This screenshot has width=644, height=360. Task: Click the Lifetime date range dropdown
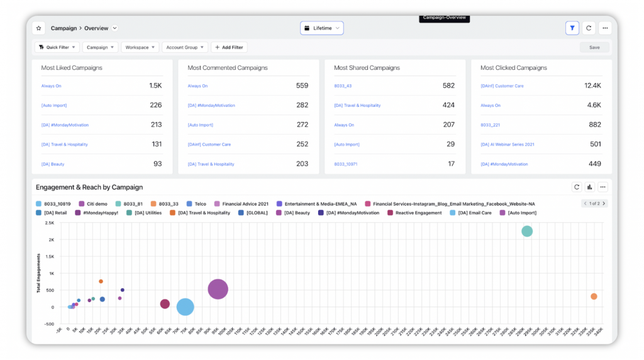point(321,28)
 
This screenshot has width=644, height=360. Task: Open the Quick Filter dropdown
point(57,47)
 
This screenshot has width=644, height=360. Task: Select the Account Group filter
point(184,47)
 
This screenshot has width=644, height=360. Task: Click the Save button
point(594,47)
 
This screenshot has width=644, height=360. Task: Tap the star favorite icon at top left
point(38,28)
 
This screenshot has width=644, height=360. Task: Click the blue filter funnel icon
point(572,28)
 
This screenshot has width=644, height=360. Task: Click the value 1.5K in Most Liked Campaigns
point(155,86)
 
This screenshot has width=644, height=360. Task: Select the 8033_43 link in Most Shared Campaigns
point(343,86)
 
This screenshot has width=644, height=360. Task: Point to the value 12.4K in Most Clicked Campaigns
point(592,86)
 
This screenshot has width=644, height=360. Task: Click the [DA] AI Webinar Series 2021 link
point(507,145)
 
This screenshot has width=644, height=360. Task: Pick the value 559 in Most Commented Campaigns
point(302,86)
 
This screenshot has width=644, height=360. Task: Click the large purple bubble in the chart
point(218,290)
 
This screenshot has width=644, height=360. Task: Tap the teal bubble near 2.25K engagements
point(527,231)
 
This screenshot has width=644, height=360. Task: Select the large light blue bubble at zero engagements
point(185,307)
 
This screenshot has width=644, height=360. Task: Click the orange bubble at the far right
point(594,296)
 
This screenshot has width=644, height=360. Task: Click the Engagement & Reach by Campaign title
point(89,187)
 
